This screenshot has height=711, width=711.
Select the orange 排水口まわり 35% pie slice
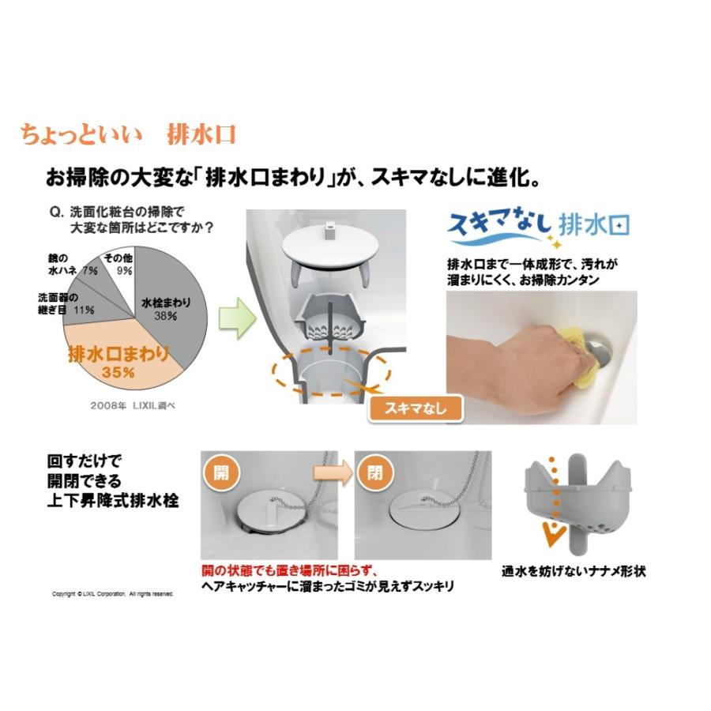click(118, 360)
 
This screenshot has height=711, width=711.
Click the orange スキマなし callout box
click(415, 408)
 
